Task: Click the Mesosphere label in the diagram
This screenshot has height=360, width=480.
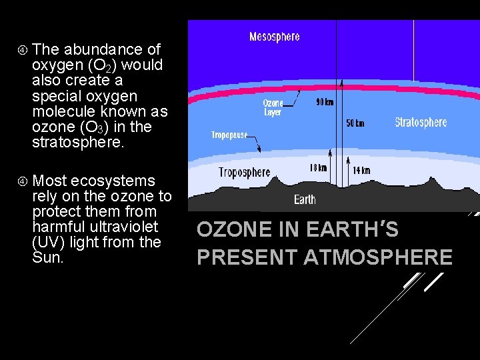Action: (274, 37)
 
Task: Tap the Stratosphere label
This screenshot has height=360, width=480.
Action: (421, 123)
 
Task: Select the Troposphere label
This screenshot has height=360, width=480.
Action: (245, 173)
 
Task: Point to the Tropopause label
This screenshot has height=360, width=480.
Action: (229, 135)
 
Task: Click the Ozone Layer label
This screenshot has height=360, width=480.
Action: (273, 107)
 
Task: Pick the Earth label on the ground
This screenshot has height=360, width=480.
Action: (305, 199)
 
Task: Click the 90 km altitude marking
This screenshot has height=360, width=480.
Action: (325, 102)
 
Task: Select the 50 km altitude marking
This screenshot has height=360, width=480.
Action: (355, 124)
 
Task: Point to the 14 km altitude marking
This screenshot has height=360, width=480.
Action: (361, 171)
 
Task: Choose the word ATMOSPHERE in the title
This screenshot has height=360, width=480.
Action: (378, 257)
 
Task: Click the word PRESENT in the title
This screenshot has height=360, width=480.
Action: (247, 257)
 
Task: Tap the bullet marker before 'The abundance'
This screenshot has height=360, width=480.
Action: (22, 49)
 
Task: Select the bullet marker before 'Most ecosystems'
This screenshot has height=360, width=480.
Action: (22, 181)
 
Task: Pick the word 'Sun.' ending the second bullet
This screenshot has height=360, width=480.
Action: (47, 257)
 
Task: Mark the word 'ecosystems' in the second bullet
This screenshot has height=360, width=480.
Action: (113, 181)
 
